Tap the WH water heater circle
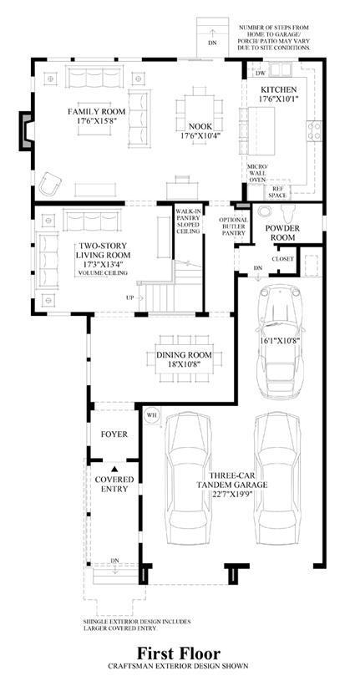coord(151,414)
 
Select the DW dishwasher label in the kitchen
coord(261,74)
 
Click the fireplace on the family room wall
coord(26,130)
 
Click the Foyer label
coord(114,434)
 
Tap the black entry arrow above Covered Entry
coord(114,469)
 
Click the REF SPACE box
coord(278,191)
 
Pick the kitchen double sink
coord(281,69)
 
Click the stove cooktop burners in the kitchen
coord(314,130)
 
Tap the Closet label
coord(282,259)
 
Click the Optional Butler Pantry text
coord(233,226)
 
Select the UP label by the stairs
coord(129,298)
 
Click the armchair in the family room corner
coord(50,184)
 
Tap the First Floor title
coord(180,653)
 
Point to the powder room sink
coord(264,212)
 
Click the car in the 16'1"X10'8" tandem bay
coord(278,340)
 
